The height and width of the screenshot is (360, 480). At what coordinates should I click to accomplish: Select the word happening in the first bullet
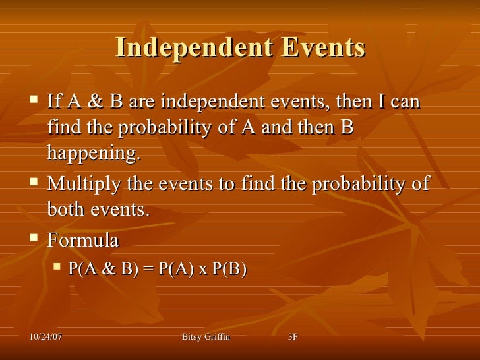(x=94, y=154)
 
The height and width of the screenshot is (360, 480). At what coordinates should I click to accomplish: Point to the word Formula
(x=83, y=241)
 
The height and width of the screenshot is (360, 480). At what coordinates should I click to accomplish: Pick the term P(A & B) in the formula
(x=102, y=270)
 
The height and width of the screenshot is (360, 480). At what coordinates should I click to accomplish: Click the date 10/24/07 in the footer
(x=46, y=338)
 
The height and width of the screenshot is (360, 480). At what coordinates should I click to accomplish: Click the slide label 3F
(x=293, y=338)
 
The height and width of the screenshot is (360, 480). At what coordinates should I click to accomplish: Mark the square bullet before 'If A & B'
(x=34, y=102)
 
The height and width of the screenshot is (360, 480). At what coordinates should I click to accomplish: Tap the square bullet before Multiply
(x=34, y=183)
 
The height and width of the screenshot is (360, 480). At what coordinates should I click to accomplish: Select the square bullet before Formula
(x=34, y=239)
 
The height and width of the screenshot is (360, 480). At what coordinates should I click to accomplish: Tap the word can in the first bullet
(x=404, y=103)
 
